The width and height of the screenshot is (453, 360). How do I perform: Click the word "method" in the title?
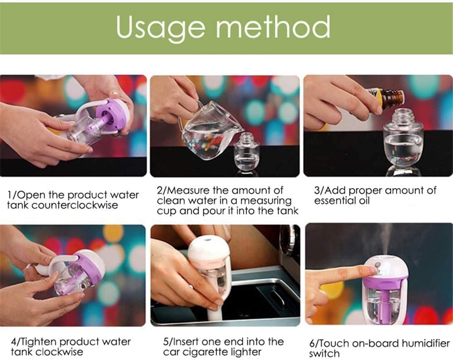[x=273, y=27]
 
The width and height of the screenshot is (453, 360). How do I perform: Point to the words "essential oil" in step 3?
[x=342, y=201]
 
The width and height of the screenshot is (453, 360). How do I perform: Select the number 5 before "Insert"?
[x=166, y=342]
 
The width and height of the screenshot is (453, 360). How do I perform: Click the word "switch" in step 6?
[x=324, y=354]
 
